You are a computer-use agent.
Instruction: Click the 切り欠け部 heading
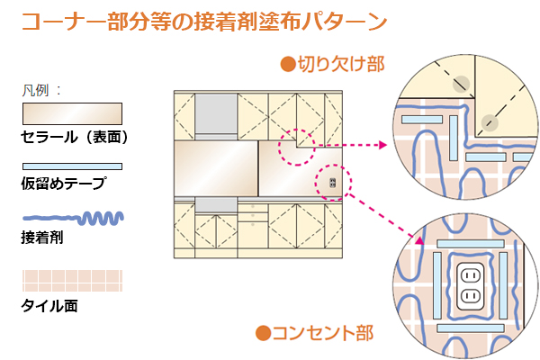(341, 64)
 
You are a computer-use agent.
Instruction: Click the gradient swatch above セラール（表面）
(71, 113)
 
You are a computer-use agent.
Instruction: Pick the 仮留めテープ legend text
(62, 184)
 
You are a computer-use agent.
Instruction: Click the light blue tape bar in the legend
(71, 166)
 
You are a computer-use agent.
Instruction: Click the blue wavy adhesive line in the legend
(71, 219)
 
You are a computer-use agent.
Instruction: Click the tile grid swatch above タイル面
(71, 281)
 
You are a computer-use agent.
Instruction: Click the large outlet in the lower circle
(469, 285)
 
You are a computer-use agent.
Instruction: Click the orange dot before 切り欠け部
(287, 64)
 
